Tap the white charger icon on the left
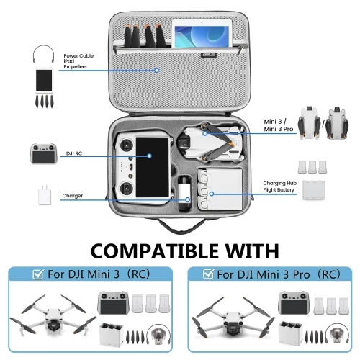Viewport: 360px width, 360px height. pos(42,195)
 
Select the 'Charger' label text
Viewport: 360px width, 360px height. pos(73,195)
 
